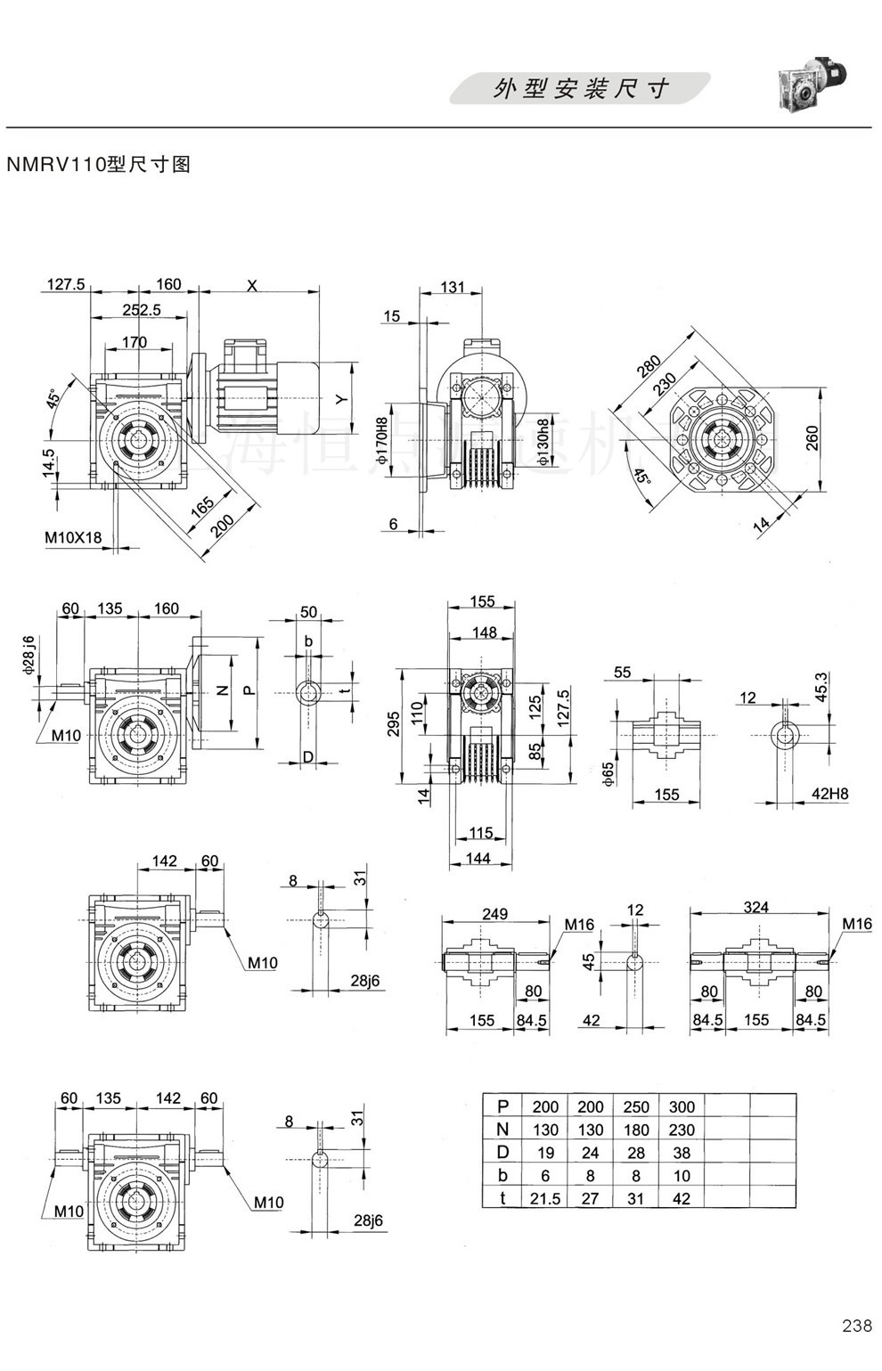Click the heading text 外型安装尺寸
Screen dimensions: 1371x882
pos(580,89)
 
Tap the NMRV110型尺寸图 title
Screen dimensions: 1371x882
pos(99,165)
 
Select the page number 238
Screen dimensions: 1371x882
pos(856,1351)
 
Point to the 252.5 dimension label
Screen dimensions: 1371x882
pos(141,310)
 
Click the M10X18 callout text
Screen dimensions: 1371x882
pos(73,537)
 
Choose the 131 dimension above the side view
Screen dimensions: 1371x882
pos(453,287)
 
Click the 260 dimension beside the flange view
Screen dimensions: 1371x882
pos(813,437)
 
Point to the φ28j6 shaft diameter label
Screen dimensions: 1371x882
pos(29,654)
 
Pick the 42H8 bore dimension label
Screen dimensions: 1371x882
pos(829,795)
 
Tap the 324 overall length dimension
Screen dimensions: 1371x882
pos(755,907)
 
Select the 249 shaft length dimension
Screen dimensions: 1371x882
pos(494,913)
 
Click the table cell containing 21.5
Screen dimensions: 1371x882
pos(545,1199)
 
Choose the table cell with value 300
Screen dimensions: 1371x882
pos(682,1106)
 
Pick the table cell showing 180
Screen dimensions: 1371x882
pos(636,1130)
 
